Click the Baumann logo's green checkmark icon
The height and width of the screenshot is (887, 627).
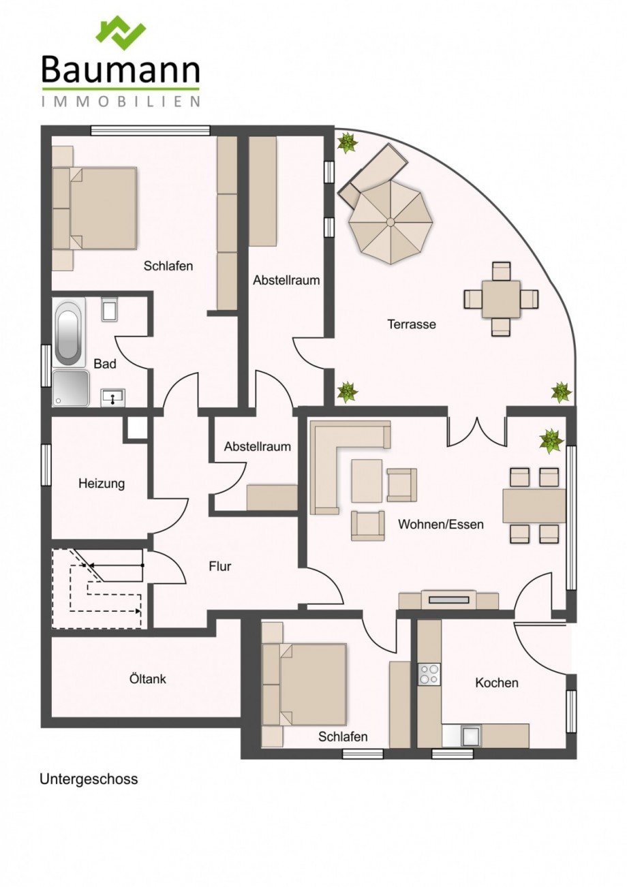(121, 33)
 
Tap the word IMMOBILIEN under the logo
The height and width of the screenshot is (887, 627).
(121, 102)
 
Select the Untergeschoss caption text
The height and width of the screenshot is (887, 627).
(89, 779)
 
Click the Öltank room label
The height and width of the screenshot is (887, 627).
(147, 679)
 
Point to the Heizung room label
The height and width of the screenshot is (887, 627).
(102, 484)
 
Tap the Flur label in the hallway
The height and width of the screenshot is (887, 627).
(220, 565)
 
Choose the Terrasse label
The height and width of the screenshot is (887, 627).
(412, 324)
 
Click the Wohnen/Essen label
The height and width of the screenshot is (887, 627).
(441, 524)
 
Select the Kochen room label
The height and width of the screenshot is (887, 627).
(497, 682)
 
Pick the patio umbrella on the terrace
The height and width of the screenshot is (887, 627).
(390, 222)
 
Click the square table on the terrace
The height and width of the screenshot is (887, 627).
(501, 299)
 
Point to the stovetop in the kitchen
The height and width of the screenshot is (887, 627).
(429, 674)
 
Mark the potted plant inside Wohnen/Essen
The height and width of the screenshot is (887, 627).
(551, 441)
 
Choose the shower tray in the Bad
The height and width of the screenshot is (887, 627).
(71, 388)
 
